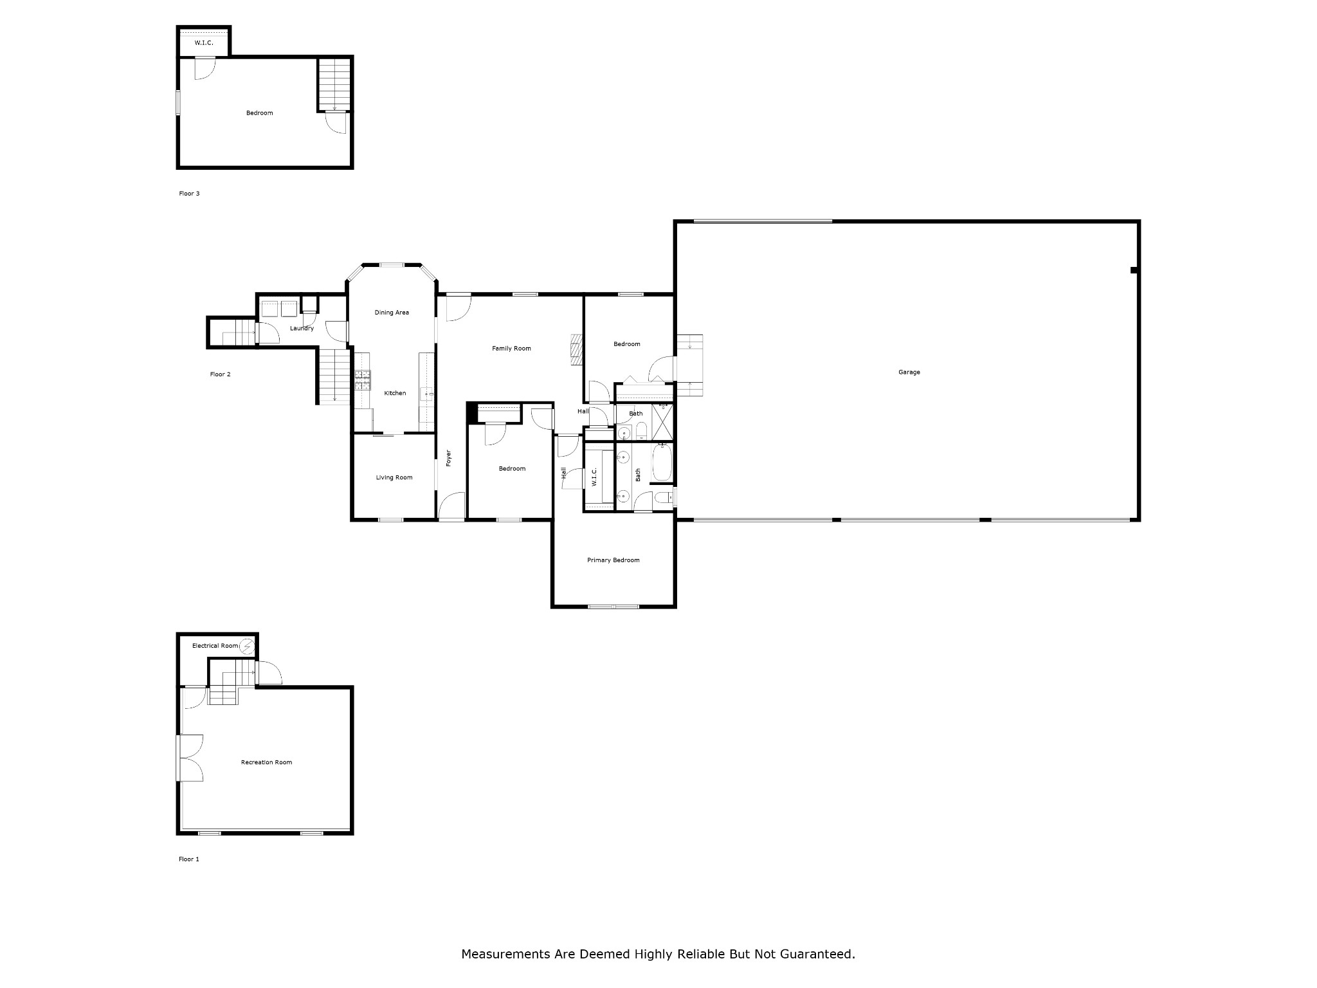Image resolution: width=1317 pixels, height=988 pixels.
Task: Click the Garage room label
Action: (909, 372)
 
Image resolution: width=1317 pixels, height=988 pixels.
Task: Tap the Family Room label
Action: (511, 349)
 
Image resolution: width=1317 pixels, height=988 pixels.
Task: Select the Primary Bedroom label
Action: (613, 560)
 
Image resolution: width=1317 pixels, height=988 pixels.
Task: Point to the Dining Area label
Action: (392, 313)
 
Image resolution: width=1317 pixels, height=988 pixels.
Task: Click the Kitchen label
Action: (395, 393)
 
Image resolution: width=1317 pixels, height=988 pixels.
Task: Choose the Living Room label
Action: (394, 477)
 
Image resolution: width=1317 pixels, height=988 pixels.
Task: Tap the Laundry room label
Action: (302, 329)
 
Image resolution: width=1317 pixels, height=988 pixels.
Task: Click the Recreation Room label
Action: (266, 762)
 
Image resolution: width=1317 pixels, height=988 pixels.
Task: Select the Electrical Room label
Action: (215, 646)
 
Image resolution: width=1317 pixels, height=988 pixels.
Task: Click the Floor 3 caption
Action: (189, 194)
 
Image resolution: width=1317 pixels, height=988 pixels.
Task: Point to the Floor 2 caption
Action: (220, 374)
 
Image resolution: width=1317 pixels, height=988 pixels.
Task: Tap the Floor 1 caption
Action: (189, 859)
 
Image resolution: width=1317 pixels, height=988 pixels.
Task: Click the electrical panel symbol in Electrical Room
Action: (248, 646)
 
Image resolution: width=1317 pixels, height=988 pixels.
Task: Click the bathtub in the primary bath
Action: (662, 462)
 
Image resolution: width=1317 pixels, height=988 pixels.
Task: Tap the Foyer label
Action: (449, 457)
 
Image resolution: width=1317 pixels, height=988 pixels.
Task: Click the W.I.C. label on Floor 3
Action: (204, 43)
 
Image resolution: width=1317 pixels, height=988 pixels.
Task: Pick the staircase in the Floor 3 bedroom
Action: (334, 84)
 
